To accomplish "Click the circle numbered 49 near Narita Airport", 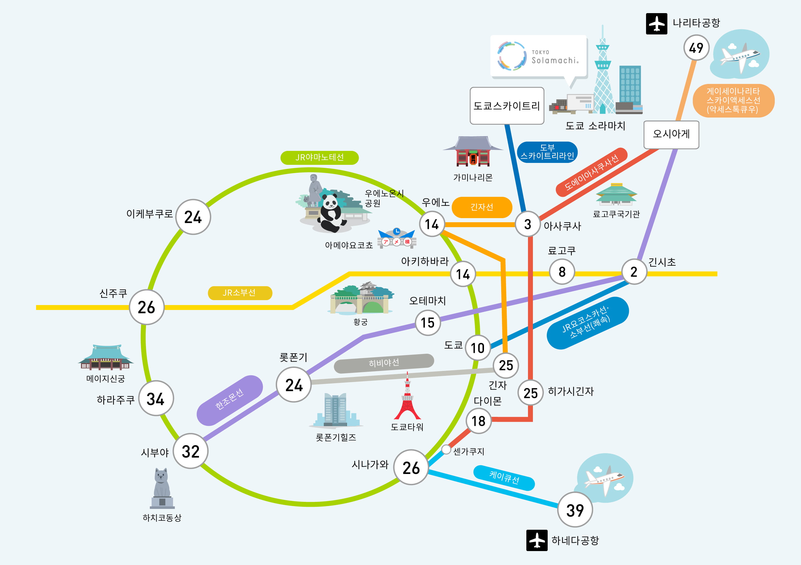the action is coord(696,48).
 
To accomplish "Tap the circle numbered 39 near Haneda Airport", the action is coord(575,510).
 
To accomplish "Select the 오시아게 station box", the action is coord(671,135).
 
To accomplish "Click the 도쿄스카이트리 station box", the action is coord(507,106).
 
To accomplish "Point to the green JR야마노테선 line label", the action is coord(319,157).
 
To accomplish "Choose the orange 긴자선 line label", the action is coord(482,207).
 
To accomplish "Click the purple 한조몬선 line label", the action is coord(230,400).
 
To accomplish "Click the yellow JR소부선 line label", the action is coord(240,293).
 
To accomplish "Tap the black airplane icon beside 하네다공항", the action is coord(537,540).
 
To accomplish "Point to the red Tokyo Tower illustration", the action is coord(407,396).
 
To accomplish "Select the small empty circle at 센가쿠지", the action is coord(446,449).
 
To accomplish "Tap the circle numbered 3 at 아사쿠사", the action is coord(527,224).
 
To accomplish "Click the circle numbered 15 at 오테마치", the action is coord(428,323).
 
